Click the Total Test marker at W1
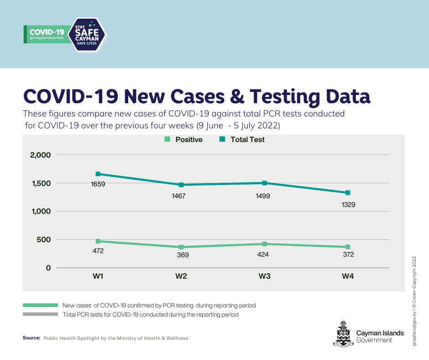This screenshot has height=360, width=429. (x=98, y=174)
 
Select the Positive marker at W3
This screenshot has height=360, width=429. (x=264, y=244)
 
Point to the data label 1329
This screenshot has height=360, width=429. (x=348, y=205)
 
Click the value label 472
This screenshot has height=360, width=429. (x=98, y=251)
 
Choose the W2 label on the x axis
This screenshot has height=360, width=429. (x=181, y=276)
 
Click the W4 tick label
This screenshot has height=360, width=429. (x=348, y=276)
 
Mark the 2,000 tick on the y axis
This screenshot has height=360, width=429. (x=41, y=155)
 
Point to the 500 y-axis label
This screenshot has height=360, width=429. (x=44, y=239)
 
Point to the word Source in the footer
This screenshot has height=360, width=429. (x=31, y=338)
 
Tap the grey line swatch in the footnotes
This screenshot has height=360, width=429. (x=40, y=314)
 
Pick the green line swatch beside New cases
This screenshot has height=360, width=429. (x=40, y=305)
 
